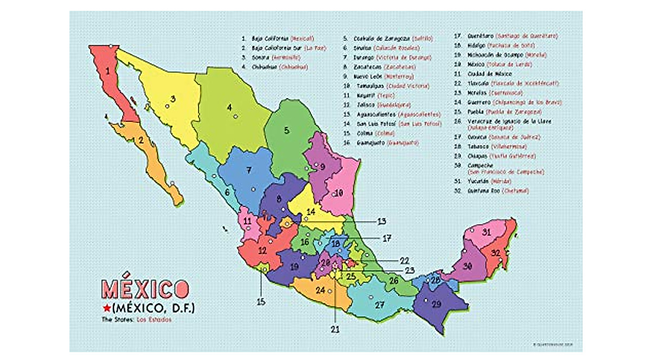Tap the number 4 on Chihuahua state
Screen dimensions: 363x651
[x=229, y=107]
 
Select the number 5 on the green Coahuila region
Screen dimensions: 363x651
[x=286, y=129]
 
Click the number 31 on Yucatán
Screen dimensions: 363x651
[x=487, y=232]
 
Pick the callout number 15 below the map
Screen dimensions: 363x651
[x=261, y=301]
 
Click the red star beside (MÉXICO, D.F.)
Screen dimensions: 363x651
[x=107, y=308]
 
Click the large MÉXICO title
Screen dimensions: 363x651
[x=145, y=289]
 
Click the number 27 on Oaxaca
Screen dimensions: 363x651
[x=379, y=304]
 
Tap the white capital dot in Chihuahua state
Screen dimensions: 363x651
[x=235, y=116]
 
